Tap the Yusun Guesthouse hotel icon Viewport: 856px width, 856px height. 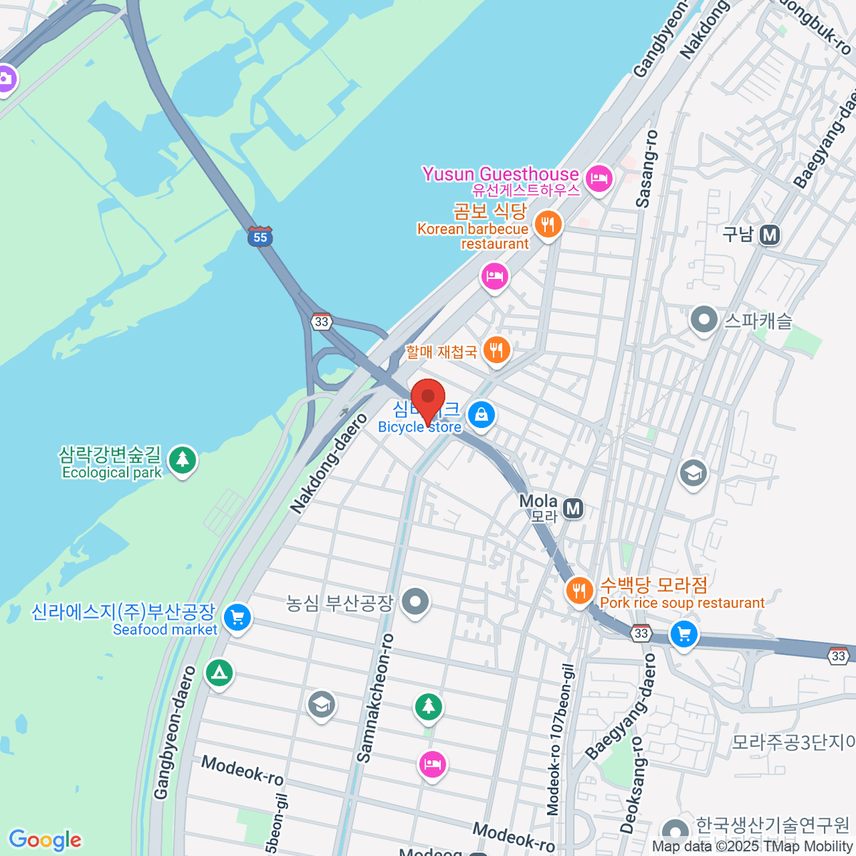click(598, 177)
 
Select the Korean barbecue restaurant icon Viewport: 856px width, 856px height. click(548, 225)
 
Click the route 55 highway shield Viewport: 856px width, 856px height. click(260, 237)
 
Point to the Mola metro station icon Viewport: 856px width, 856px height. click(573, 509)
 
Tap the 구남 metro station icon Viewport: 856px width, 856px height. click(769, 235)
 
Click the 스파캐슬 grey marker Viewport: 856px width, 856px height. click(704, 320)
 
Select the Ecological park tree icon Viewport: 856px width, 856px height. click(183, 459)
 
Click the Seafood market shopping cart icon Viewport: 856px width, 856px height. click(238, 617)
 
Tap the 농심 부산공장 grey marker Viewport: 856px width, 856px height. click(415, 602)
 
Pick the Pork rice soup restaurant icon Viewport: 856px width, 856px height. click(579, 591)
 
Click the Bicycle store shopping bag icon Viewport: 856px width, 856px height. click(481, 414)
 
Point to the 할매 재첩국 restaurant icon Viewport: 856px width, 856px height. click(496, 350)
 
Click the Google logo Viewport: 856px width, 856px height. click(45, 840)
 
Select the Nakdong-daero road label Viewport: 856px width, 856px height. click(330, 462)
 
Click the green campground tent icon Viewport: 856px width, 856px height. click(219, 672)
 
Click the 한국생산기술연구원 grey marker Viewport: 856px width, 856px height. click(675, 831)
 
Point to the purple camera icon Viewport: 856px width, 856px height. click(6, 78)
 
